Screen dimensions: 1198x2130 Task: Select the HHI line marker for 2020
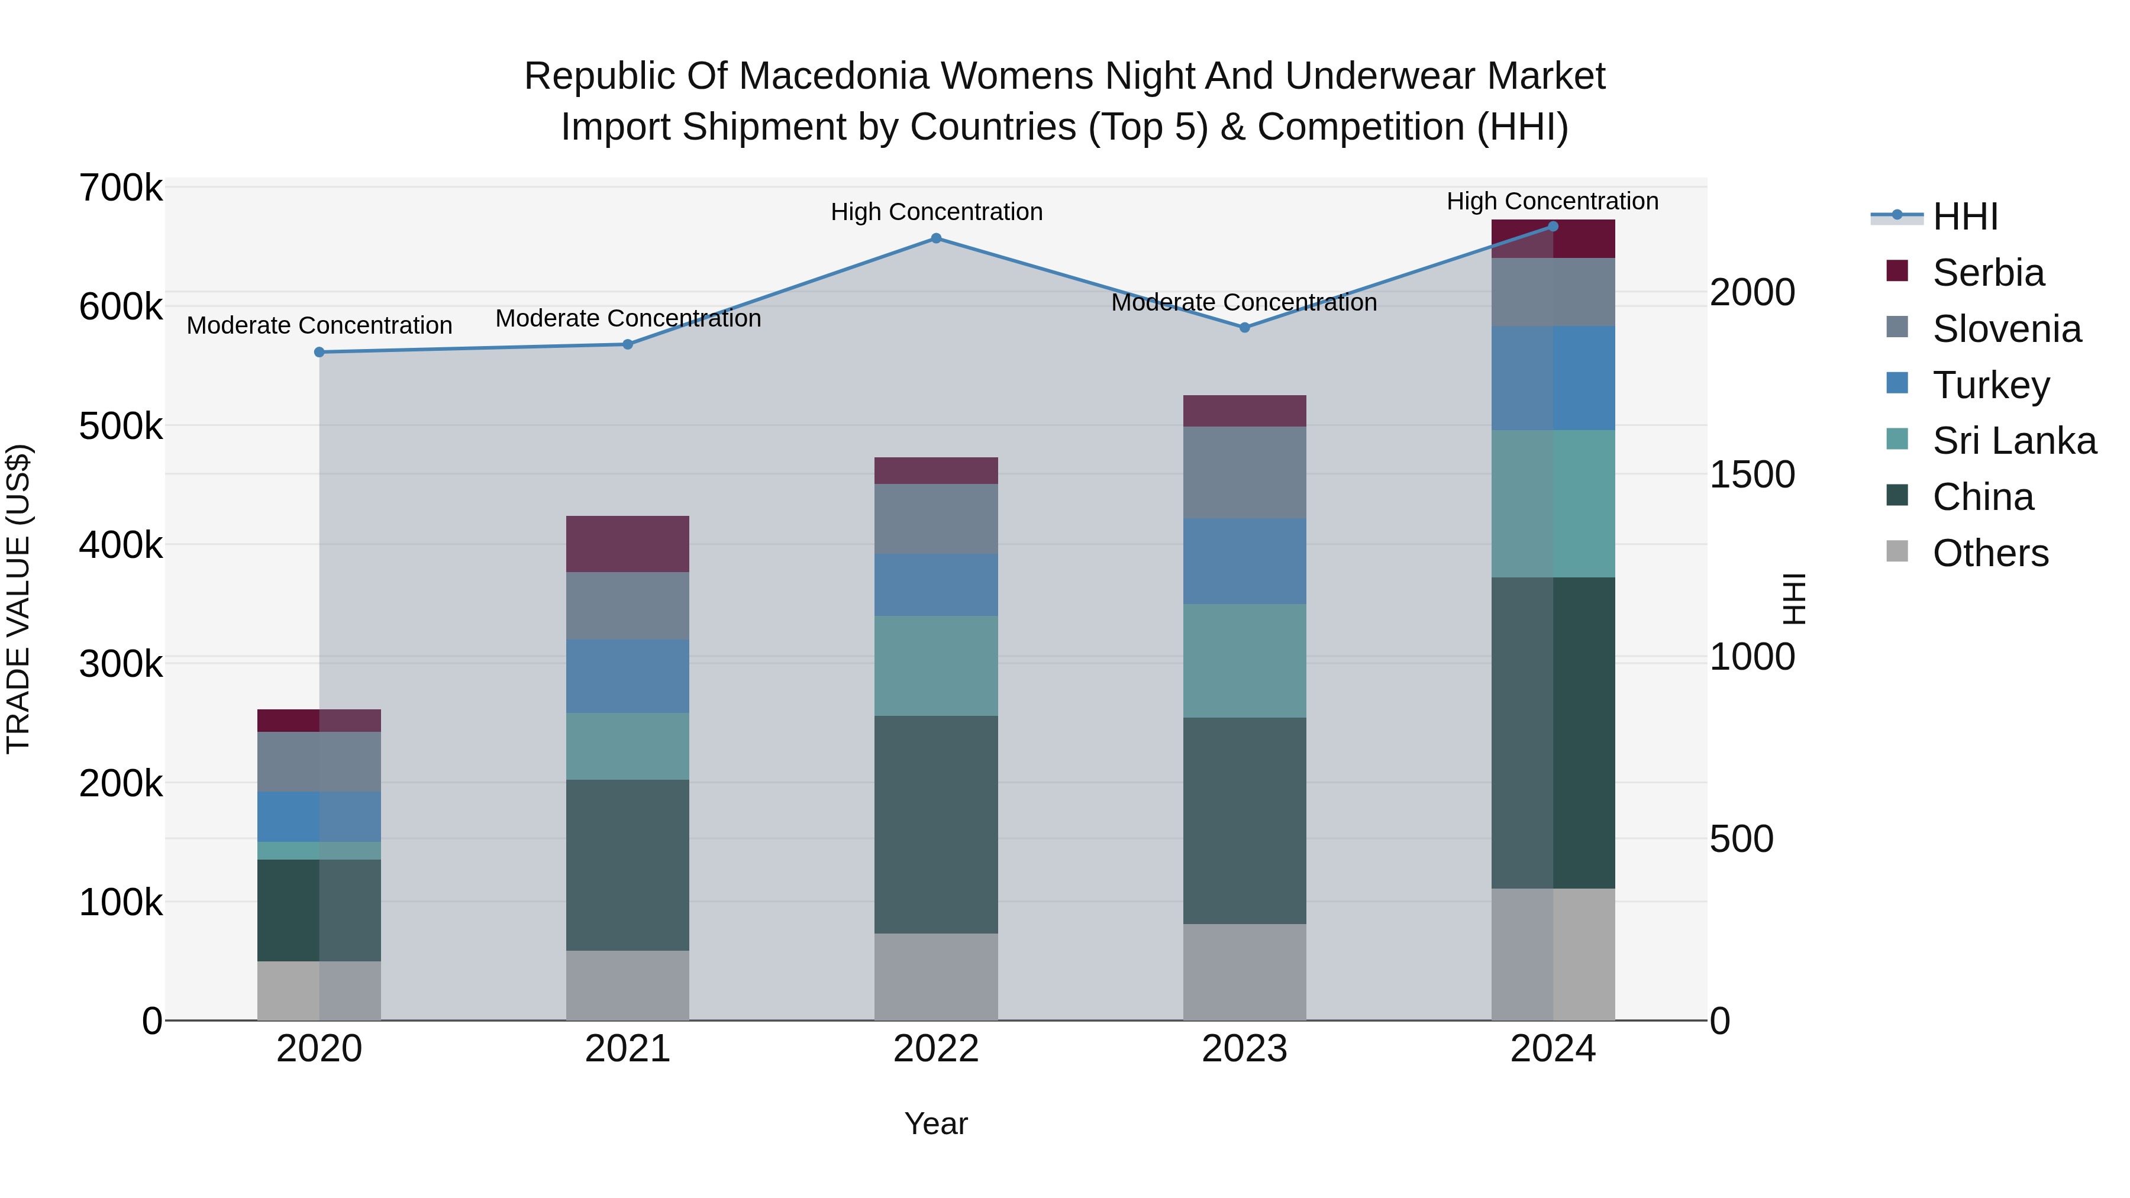pos(319,352)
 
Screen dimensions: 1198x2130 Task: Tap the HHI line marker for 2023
pos(1244,327)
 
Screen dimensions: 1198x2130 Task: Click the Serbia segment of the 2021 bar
pos(628,544)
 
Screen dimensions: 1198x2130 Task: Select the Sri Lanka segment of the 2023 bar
pos(1244,661)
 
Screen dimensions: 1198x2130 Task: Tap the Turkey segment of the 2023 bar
pos(1244,561)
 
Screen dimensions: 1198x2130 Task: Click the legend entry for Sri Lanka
pos(2013,441)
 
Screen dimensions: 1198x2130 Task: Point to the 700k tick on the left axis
pos(121,189)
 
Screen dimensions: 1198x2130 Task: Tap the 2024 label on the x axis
pos(1552,1049)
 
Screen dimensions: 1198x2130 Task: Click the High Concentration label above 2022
pos(936,212)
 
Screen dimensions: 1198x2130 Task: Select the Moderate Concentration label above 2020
pos(319,326)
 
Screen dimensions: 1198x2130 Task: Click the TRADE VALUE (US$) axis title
pos(18,599)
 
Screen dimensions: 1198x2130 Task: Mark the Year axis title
pos(936,1123)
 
